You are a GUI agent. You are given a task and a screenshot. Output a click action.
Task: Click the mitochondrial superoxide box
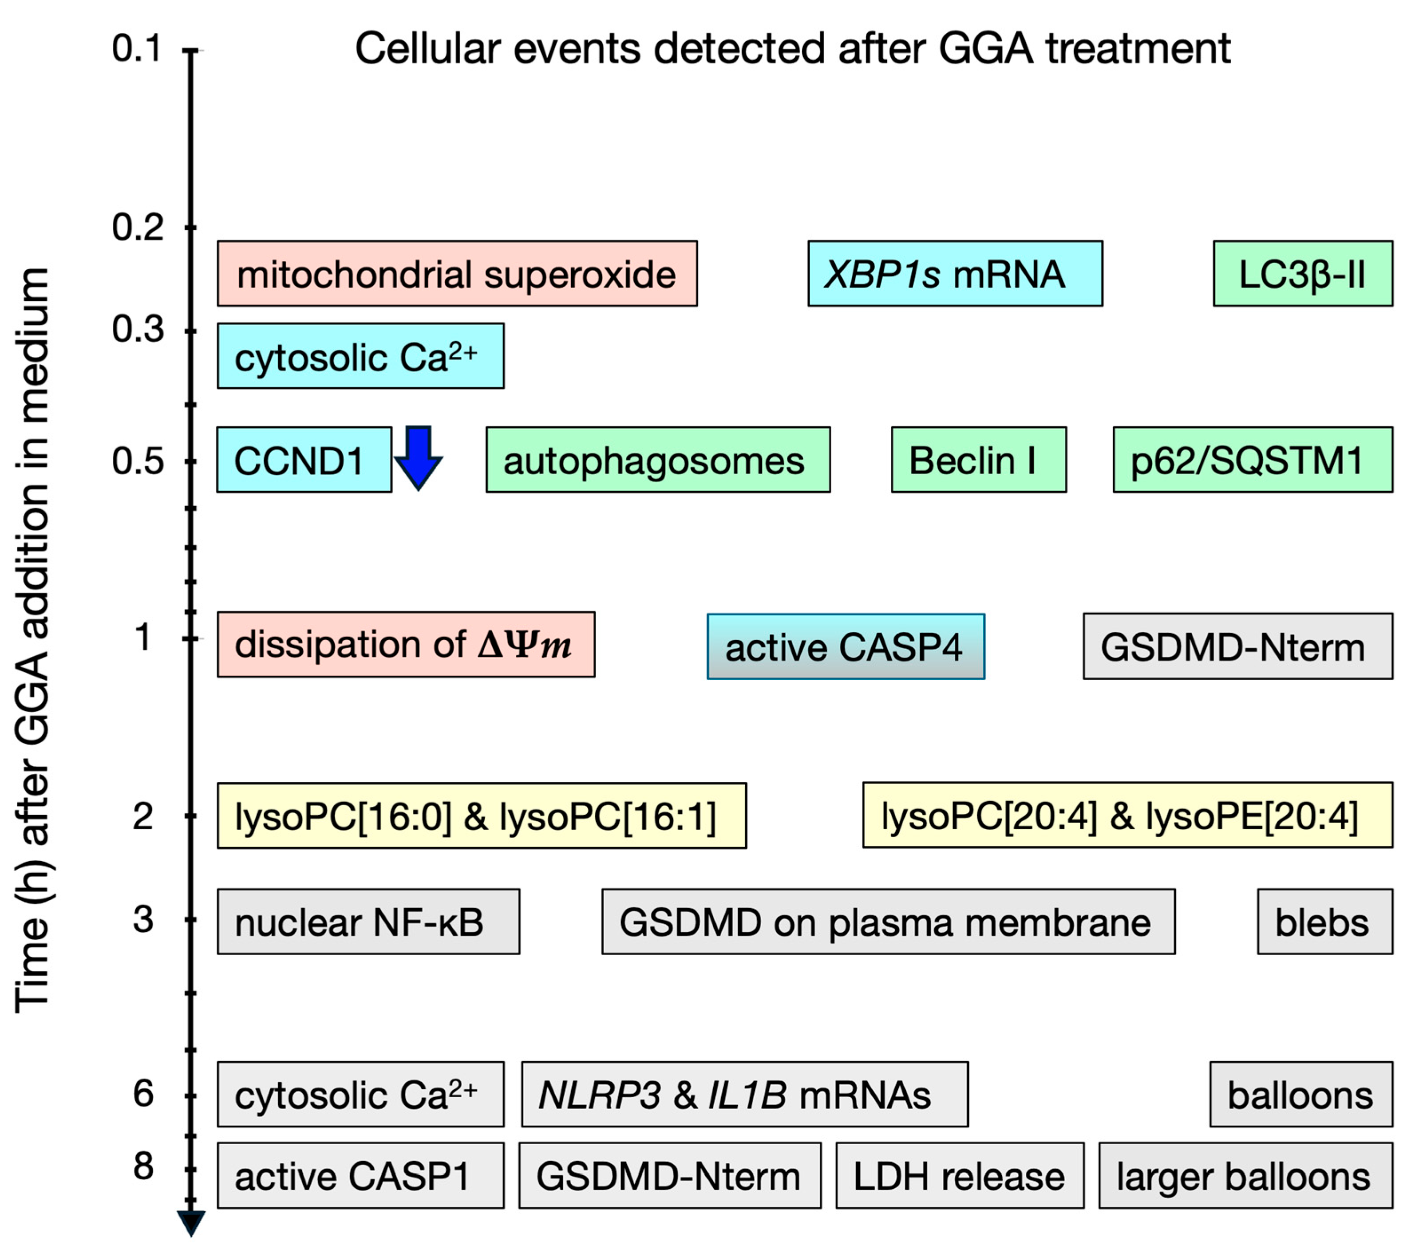(x=457, y=273)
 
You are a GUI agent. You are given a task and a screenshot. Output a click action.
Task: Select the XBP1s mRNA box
(x=955, y=273)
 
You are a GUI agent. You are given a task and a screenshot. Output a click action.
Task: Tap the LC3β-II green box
(x=1302, y=273)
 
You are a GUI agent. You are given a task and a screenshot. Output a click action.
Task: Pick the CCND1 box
(x=304, y=460)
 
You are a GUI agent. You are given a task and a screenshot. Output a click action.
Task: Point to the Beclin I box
(x=978, y=460)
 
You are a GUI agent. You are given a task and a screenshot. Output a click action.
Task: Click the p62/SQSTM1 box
(x=1252, y=460)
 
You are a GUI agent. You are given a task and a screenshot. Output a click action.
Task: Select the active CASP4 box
(x=845, y=646)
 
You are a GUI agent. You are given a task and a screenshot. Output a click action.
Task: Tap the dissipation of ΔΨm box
(x=406, y=644)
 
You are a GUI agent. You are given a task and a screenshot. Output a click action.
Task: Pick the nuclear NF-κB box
(x=368, y=922)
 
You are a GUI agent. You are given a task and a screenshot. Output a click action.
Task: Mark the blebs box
(x=1324, y=922)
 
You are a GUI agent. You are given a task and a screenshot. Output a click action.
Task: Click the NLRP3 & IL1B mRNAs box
(x=744, y=1094)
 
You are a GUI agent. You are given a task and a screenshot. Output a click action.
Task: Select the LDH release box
(x=960, y=1175)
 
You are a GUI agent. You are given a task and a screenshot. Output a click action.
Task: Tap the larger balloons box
(x=1245, y=1175)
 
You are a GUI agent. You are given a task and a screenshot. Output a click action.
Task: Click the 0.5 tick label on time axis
(x=138, y=461)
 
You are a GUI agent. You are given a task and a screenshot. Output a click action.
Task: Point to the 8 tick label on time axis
(x=143, y=1166)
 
